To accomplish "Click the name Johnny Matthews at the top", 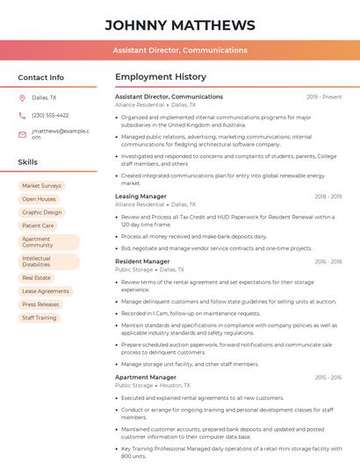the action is (x=179, y=25).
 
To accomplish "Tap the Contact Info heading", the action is (x=40, y=77).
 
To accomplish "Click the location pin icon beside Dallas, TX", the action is (x=22, y=98).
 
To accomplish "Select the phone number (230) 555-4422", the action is (x=50, y=115).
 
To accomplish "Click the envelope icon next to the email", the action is (x=22, y=134).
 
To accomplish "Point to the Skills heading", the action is (x=28, y=162).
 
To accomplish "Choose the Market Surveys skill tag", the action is (x=41, y=186).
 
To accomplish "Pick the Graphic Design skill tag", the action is (x=41, y=212).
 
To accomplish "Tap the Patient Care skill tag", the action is (x=38, y=225).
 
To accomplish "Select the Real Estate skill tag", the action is (x=36, y=277).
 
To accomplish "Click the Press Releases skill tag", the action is (x=40, y=304).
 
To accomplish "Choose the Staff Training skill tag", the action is (x=40, y=318).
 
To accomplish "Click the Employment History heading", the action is (x=161, y=77).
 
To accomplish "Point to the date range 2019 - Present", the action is (x=324, y=97).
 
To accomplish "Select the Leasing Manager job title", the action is (x=140, y=197).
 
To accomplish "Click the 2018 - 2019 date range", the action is (x=328, y=197).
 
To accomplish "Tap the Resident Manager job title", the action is (x=142, y=261).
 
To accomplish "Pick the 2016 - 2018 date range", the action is (x=328, y=261).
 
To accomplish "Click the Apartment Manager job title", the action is (x=146, y=377).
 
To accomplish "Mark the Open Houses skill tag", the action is (x=39, y=199).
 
